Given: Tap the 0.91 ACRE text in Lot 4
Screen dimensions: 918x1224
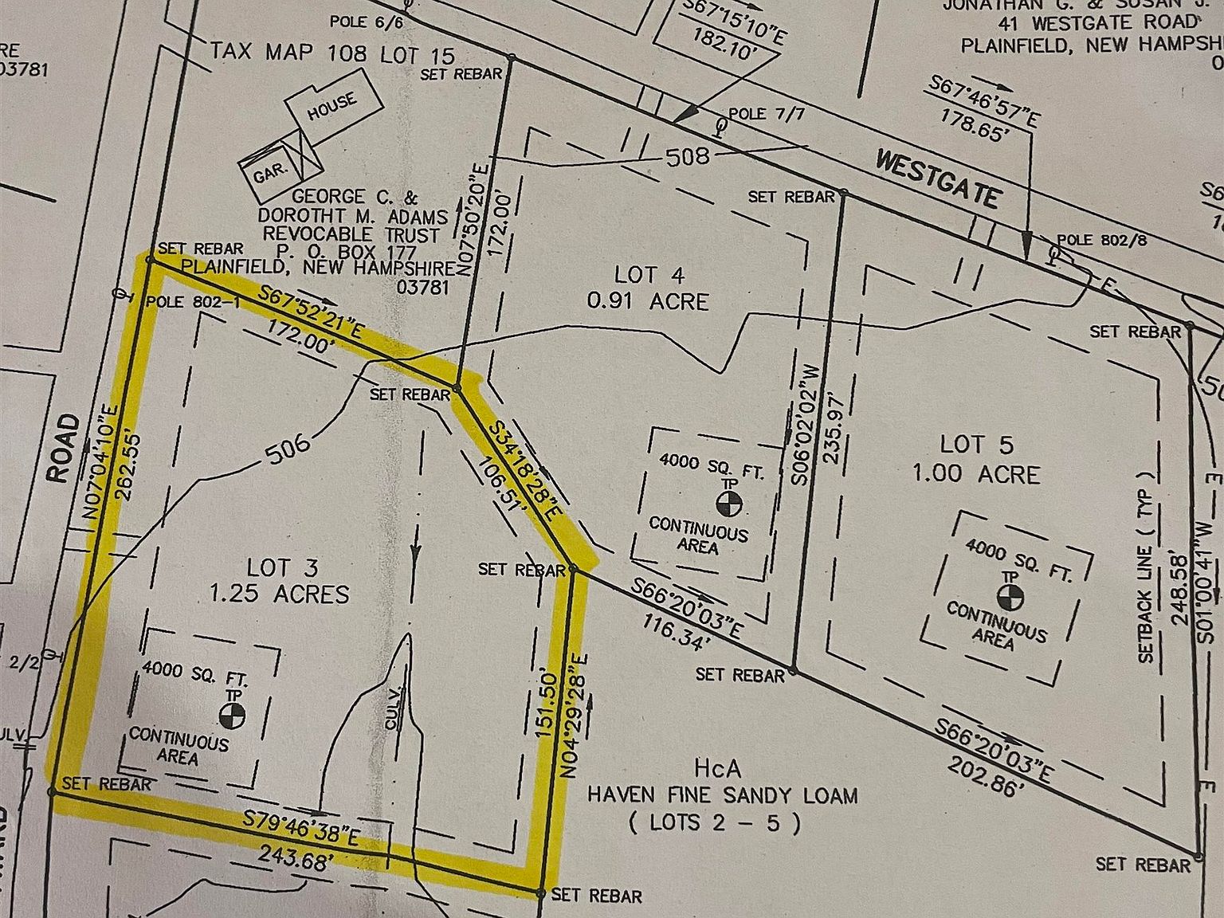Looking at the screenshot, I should coord(647,301).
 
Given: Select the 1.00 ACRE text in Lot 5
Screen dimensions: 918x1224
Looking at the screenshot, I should coord(976,474).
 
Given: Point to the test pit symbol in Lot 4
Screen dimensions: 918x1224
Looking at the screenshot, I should coord(729,503).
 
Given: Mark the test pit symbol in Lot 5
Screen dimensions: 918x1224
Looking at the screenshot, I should coord(1008,595).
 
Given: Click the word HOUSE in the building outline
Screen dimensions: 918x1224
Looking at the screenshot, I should coord(333,107).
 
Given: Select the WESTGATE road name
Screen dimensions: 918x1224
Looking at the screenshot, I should coord(936,178).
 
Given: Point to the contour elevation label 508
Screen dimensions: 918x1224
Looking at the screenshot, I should coord(686,155).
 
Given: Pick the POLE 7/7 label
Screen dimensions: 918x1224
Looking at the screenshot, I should coord(767,114).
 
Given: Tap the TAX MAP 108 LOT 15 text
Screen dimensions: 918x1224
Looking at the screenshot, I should coord(332,53).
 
